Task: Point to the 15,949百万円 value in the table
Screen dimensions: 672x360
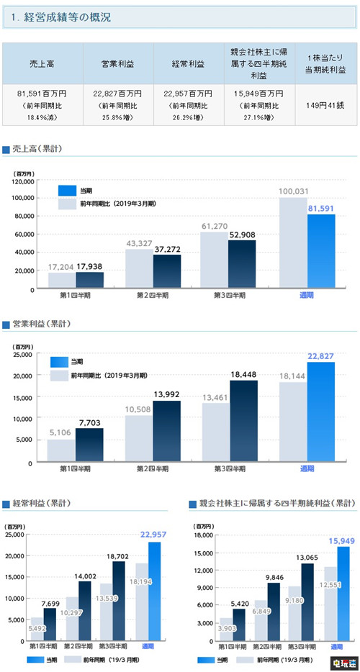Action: (256, 92)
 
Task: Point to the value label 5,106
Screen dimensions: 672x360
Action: (61, 432)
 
